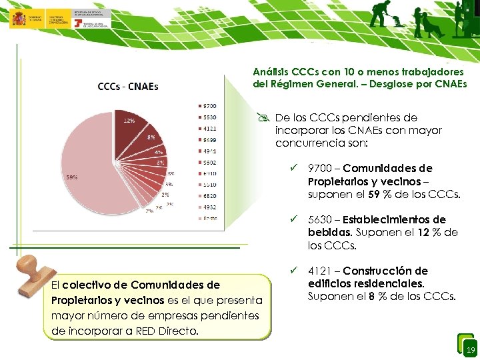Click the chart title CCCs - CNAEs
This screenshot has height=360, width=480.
coord(127,86)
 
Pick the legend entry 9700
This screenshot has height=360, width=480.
coord(207,106)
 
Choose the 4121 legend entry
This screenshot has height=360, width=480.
coord(207,128)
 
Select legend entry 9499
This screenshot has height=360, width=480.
coord(207,139)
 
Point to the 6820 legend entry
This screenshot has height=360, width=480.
coord(207,195)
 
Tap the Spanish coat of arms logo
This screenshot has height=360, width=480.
coord(18,18)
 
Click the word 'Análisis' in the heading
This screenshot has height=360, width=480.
coord(270,71)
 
